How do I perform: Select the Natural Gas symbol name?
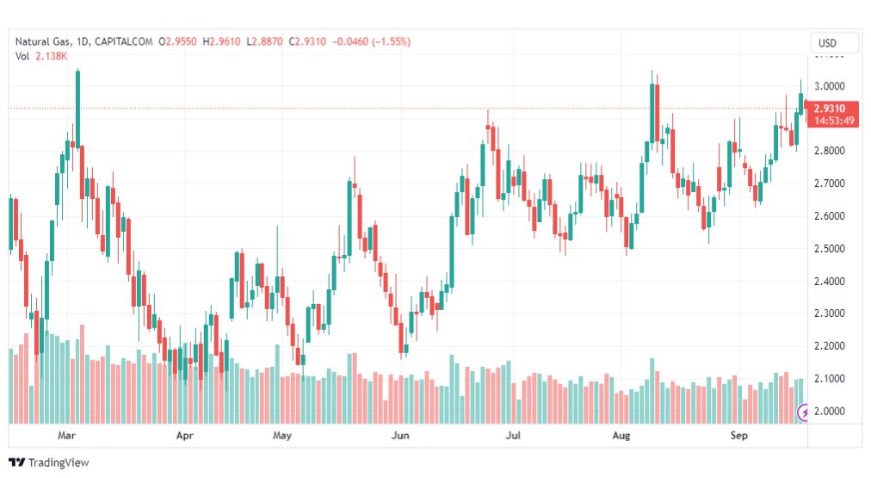pyautogui.click(x=43, y=41)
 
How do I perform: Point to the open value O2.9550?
pyautogui.click(x=182, y=41)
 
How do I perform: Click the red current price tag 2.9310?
pyautogui.click(x=834, y=109)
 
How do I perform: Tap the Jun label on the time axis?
pyautogui.click(x=399, y=437)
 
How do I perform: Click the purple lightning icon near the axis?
pyautogui.click(x=805, y=413)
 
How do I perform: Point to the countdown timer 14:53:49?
pyautogui.click(x=834, y=121)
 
